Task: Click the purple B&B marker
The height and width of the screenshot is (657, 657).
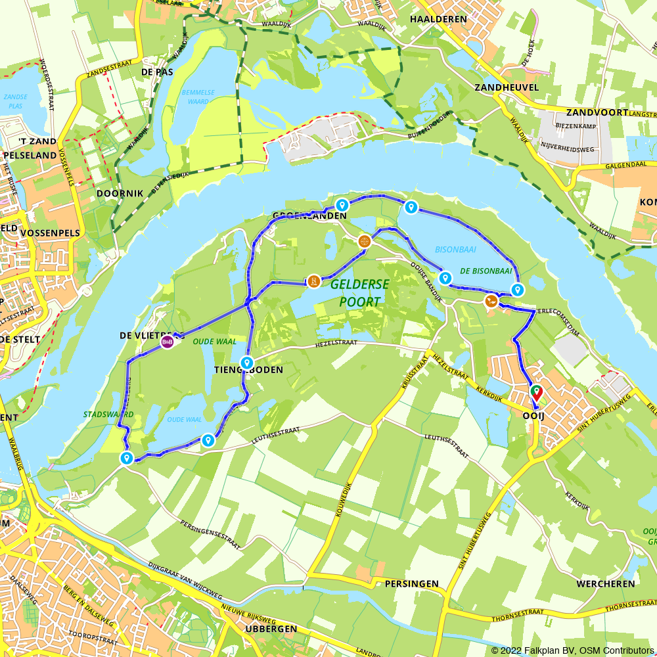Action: coord(168,342)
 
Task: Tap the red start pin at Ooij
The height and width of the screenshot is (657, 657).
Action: coord(536,393)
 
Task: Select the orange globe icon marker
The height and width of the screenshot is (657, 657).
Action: coord(365,242)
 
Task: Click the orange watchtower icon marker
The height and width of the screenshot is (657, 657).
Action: coord(314,282)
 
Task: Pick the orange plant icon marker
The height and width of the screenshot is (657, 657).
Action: coord(491,302)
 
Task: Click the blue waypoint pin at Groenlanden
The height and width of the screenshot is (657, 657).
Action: coord(342,206)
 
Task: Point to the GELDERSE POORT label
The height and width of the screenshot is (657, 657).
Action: coord(359,293)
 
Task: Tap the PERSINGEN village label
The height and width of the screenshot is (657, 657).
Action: coord(411,583)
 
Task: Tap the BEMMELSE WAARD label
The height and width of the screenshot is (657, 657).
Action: coord(198,97)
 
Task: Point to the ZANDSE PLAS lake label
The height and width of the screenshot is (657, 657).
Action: coord(15,101)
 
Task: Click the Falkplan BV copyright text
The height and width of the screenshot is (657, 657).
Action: coord(573,650)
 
